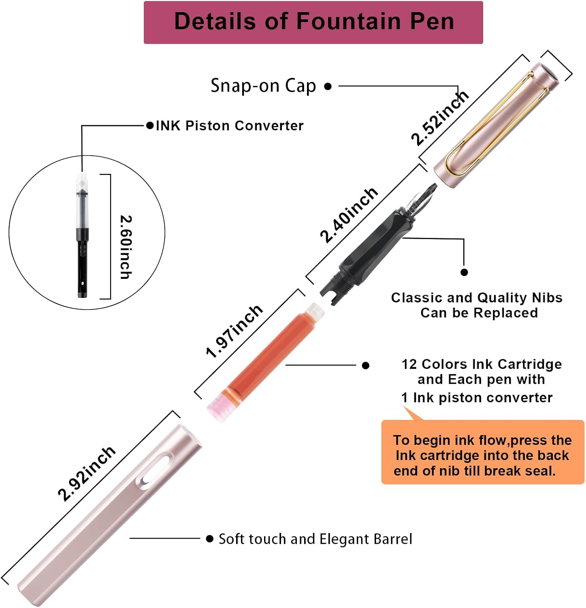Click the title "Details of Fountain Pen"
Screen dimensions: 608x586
[313, 21]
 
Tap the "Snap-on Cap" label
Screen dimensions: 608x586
[263, 86]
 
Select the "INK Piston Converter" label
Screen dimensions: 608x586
[230, 126]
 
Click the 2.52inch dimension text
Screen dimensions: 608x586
[439, 118]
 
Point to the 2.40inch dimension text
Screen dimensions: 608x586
[349, 215]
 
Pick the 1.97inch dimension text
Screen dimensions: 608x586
[234, 332]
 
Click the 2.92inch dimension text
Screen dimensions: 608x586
[87, 474]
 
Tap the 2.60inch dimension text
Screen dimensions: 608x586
[126, 247]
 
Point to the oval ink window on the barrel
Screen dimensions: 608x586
[155, 471]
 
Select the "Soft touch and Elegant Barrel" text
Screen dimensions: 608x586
[315, 539]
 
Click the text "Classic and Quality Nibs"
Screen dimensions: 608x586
[477, 298]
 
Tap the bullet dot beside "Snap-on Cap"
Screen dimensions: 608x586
[328, 86]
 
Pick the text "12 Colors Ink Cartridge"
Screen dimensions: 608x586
[482, 364]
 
